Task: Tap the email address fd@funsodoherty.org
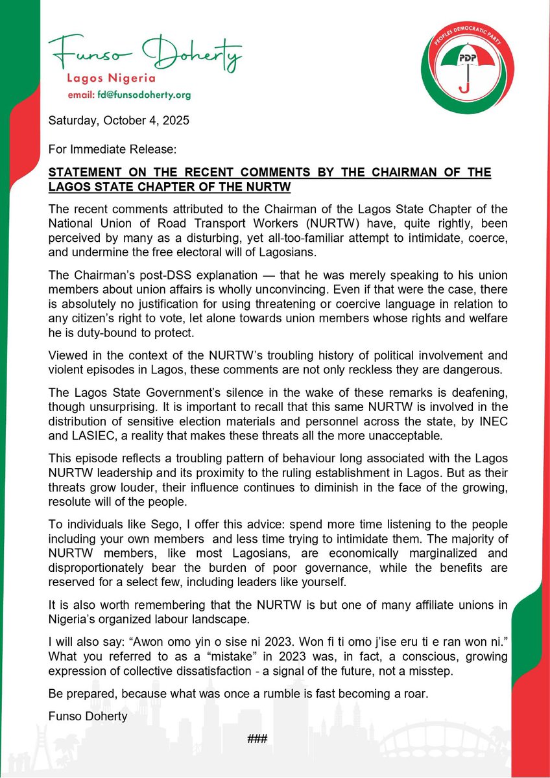(x=130, y=95)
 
